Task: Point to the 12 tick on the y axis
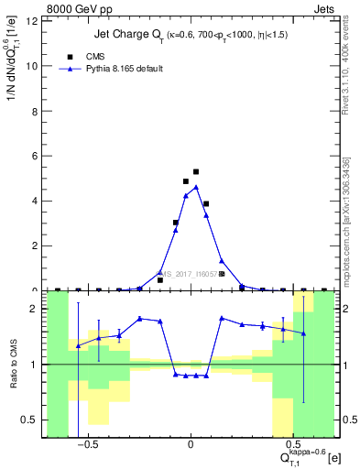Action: click(x=34, y=21)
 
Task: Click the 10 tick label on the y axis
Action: click(x=34, y=66)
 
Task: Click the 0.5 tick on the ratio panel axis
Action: click(x=32, y=420)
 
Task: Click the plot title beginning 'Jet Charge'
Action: click(x=190, y=36)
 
